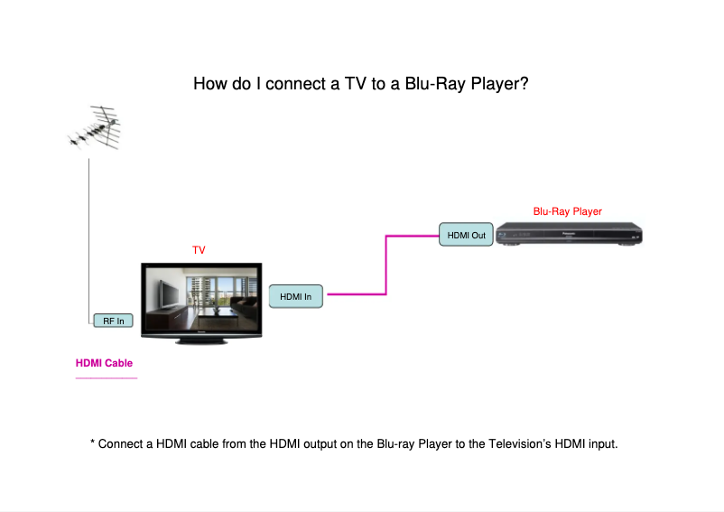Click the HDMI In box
(x=296, y=296)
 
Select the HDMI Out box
(x=467, y=236)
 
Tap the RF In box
(x=114, y=321)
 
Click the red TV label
(x=200, y=249)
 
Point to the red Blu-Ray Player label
(x=567, y=211)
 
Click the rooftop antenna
(x=94, y=130)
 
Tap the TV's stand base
(x=202, y=340)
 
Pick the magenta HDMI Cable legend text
(x=104, y=363)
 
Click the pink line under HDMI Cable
(x=106, y=378)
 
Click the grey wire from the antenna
(x=88, y=235)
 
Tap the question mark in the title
(x=524, y=85)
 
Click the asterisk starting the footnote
(x=92, y=443)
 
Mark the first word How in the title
(x=209, y=85)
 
